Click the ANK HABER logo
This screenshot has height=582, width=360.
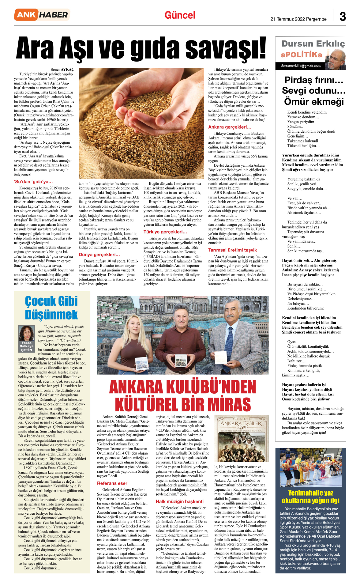[42, 15]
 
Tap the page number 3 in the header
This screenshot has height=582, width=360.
[343, 17]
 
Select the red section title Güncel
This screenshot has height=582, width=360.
[180, 15]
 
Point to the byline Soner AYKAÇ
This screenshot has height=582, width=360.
[62, 70]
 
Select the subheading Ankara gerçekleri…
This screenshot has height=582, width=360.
[230, 127]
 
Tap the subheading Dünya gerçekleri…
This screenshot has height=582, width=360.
[99, 255]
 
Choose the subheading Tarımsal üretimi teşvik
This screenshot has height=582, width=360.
[232, 250]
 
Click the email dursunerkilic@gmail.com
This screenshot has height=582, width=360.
[301, 66]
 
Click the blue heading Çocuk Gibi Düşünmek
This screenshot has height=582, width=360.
[51, 308]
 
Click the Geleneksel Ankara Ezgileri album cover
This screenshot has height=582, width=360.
[242, 439]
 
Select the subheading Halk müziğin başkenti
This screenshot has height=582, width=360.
[179, 501]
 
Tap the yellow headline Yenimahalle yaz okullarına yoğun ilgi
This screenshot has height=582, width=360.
[310, 497]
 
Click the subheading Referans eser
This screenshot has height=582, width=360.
[112, 483]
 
